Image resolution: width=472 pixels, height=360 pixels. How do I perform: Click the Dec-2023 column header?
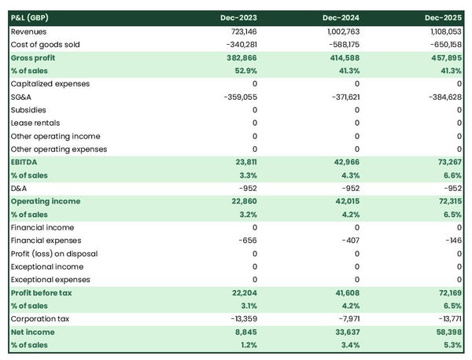point(240,17)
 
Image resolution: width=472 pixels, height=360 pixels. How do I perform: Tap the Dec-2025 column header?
point(444,17)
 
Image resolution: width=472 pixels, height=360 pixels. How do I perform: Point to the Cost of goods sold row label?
point(46,45)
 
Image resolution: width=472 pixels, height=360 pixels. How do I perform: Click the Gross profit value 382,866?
point(239,57)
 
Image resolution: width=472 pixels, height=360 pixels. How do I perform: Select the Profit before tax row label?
point(42,292)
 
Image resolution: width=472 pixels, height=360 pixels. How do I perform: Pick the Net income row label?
point(32,332)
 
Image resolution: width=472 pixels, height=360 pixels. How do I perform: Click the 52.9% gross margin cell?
point(244,71)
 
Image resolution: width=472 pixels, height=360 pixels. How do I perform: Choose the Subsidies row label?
point(28,110)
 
